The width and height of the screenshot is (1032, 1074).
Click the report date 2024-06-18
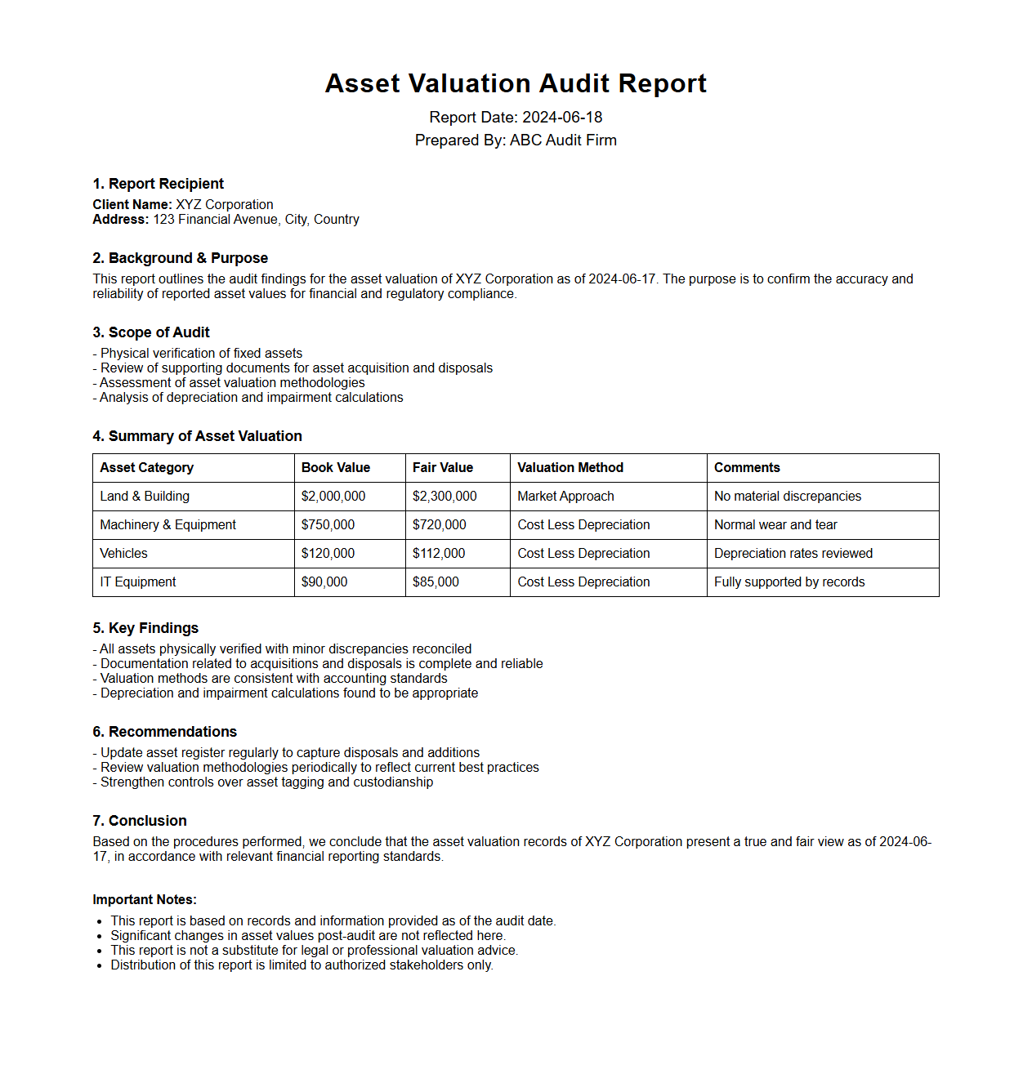(x=562, y=118)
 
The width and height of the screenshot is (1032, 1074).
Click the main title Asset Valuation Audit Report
(x=516, y=83)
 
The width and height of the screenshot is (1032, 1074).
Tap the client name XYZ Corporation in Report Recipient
(x=225, y=205)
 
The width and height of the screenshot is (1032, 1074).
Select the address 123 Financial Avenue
(x=256, y=220)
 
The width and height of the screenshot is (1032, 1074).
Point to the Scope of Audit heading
(x=151, y=332)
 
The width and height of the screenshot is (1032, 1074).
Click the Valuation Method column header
(x=570, y=468)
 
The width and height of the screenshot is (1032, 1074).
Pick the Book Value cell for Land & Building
(x=333, y=497)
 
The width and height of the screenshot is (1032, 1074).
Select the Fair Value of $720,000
(x=439, y=525)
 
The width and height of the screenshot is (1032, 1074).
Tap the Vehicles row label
(x=124, y=554)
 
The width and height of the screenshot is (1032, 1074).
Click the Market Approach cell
(x=565, y=497)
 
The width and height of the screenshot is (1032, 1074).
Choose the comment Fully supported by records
(x=789, y=582)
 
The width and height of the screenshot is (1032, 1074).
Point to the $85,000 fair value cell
(x=436, y=582)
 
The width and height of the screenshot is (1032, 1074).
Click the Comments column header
(x=747, y=468)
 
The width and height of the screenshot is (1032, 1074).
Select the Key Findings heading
(x=145, y=628)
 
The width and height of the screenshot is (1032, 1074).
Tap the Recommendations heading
(x=164, y=732)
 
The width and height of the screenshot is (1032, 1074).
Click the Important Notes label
(x=145, y=900)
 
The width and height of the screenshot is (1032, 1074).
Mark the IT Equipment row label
(x=138, y=582)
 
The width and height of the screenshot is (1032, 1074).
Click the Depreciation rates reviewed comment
(x=793, y=554)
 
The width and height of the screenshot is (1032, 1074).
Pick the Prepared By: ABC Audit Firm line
(x=516, y=140)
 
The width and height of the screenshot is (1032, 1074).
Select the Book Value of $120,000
(x=328, y=554)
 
